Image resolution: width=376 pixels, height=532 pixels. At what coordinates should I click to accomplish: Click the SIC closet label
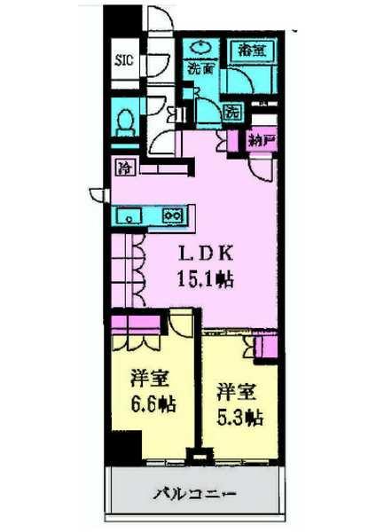[x=123, y=61]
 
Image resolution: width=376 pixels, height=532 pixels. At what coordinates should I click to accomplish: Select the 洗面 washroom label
[x=200, y=66]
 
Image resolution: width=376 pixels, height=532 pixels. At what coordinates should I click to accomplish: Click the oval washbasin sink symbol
[x=200, y=48]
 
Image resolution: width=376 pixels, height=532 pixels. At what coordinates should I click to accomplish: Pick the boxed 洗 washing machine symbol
[x=231, y=112]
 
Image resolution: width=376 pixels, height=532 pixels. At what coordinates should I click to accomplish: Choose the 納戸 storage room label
[x=259, y=139]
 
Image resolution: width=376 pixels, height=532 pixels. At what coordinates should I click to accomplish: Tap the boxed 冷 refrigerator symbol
[x=123, y=166]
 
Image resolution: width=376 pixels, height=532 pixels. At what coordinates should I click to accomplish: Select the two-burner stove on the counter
[x=172, y=215]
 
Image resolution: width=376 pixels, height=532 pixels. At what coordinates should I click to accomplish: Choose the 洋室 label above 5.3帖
[x=235, y=391]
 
